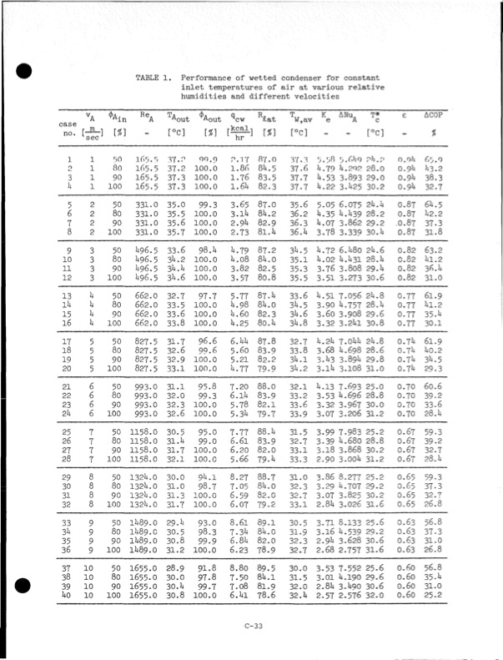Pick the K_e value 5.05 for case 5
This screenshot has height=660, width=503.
pos(320,203)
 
